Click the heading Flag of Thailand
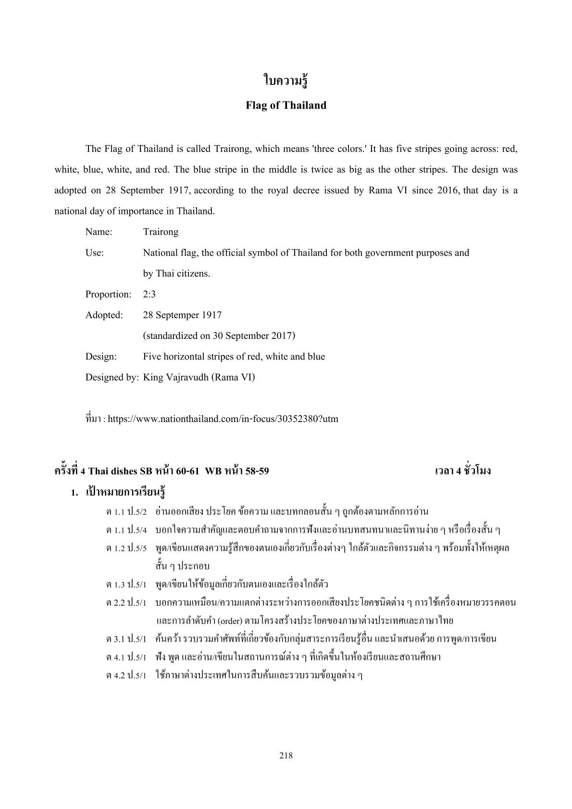[x=286, y=105]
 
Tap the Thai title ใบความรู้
[x=286, y=81]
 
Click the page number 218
[x=286, y=755]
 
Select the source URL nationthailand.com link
[x=223, y=419]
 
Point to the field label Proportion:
[x=108, y=294]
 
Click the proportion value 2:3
[x=149, y=294]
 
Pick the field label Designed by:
[x=112, y=377]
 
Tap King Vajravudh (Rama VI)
[x=199, y=377]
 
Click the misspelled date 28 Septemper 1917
[x=182, y=315]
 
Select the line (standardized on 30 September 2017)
[x=219, y=336]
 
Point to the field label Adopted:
[x=104, y=315]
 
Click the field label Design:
[x=101, y=357]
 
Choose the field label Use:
[x=94, y=253]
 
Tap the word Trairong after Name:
[x=161, y=232]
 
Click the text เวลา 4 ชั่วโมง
[x=462, y=471]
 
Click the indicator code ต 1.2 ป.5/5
[x=126, y=548]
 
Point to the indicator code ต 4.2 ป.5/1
[x=126, y=675]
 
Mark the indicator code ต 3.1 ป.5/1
[x=126, y=639]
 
